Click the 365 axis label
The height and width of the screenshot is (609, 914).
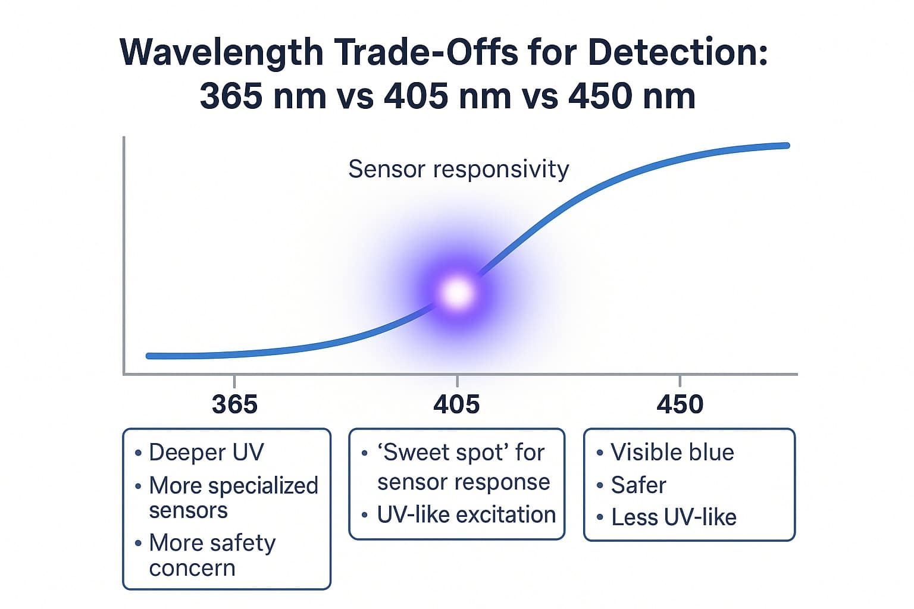234,404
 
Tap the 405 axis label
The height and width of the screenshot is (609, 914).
456,404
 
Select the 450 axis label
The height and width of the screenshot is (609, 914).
680,404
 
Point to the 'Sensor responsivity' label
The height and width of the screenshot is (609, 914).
458,169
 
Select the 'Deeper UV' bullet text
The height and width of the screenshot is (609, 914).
206,453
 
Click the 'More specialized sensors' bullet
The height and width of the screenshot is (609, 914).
233,498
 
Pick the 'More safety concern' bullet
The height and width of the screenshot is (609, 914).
212,555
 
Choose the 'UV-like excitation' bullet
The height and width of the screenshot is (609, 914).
466,515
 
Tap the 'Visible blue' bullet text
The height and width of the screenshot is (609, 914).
672,453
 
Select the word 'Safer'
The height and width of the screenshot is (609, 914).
638,485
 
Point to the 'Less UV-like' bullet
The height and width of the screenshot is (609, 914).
674,517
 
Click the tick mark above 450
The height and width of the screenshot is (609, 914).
680,381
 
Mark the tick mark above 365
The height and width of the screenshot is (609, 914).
234,381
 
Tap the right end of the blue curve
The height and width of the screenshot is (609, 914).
786,146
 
